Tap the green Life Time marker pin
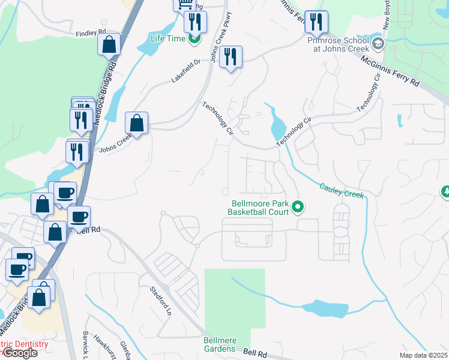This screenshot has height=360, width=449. point(194,40)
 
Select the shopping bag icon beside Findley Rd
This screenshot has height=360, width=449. point(109,44)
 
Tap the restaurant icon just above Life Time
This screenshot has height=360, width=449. point(195,22)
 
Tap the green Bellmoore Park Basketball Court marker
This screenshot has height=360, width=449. point(298,208)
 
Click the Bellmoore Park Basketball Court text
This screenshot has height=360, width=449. point(260,208)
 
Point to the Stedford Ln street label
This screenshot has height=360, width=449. point(161,301)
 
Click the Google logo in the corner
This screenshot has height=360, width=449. point(19,353)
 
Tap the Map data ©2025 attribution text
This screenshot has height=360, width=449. point(423,355)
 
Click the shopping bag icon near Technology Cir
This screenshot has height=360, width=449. point(137,123)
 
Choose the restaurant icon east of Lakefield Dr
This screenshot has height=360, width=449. point(231,58)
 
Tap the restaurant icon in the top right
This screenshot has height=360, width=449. point(316,22)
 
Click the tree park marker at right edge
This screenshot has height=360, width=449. point(445,192)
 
